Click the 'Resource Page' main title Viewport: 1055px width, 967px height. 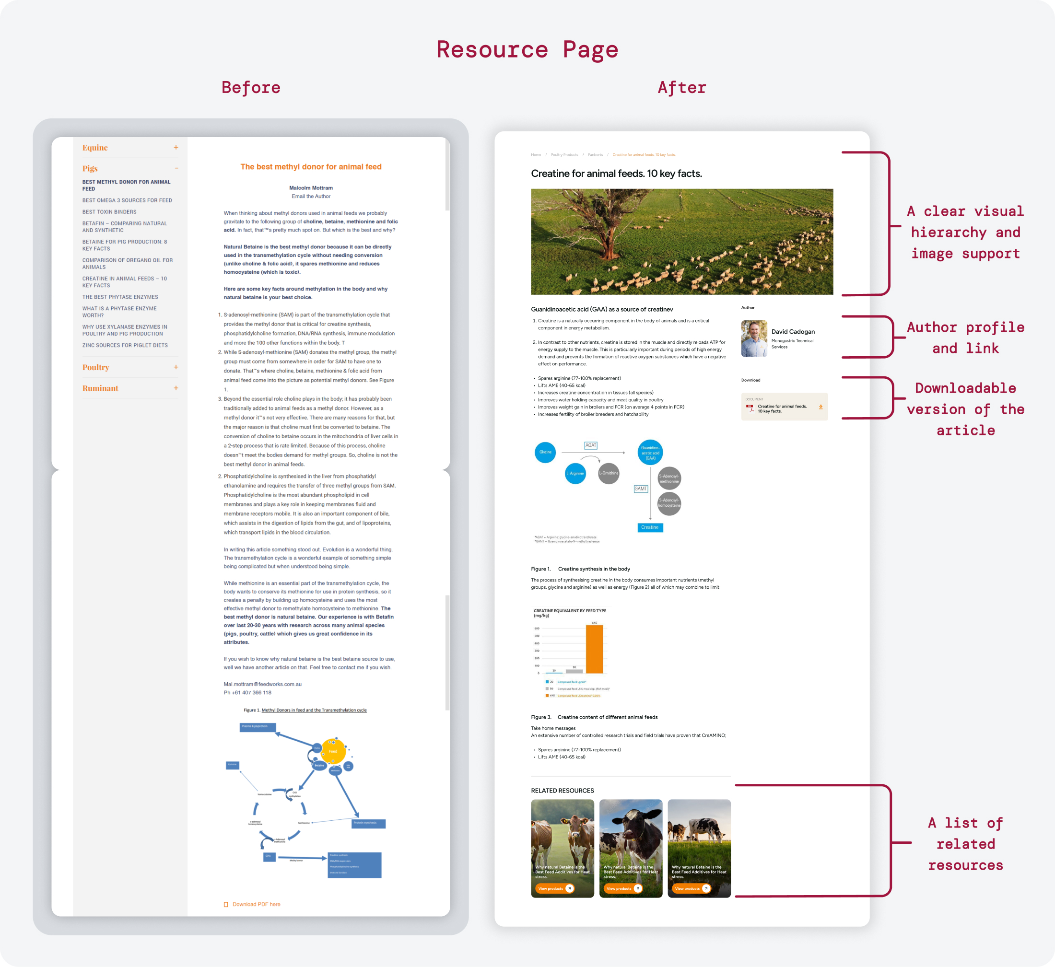click(527, 50)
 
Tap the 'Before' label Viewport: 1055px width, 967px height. click(251, 87)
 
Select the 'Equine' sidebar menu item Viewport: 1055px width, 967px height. click(95, 148)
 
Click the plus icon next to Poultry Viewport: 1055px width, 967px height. click(176, 367)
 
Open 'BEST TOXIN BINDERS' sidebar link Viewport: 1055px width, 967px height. click(109, 212)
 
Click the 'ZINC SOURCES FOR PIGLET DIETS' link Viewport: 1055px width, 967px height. click(125, 345)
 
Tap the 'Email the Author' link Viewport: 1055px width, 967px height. click(311, 196)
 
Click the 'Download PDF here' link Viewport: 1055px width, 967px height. click(256, 904)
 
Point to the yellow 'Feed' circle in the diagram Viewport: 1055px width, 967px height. click(333, 751)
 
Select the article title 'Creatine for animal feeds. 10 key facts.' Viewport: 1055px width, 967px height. click(616, 173)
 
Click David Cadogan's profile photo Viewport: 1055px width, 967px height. click(753, 338)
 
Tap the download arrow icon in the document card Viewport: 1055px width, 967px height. click(820, 407)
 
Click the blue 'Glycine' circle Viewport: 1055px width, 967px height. click(545, 452)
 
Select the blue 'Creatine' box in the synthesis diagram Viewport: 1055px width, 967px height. click(650, 527)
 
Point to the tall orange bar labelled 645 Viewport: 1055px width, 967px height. click(594, 649)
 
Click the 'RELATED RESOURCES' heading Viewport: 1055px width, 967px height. click(562, 791)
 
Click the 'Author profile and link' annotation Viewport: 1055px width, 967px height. click(965, 338)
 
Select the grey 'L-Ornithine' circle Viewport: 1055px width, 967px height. click(609, 474)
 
